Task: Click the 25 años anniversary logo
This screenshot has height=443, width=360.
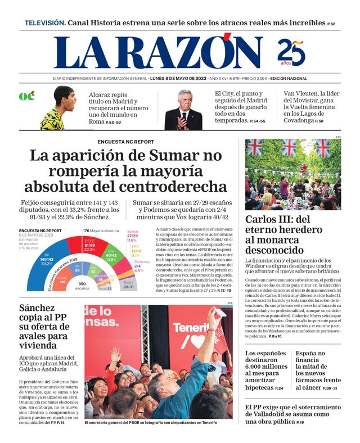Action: [x=291, y=53]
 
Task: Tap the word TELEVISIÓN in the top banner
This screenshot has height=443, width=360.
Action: [x=45, y=23]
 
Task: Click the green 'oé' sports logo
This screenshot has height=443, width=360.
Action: [x=26, y=96]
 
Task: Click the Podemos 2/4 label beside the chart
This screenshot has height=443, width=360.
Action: [x=142, y=266]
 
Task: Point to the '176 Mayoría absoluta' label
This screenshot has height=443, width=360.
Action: [x=101, y=231]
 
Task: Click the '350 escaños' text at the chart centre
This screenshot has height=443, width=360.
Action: [x=82, y=286]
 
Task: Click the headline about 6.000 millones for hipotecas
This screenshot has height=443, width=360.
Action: [x=267, y=370]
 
